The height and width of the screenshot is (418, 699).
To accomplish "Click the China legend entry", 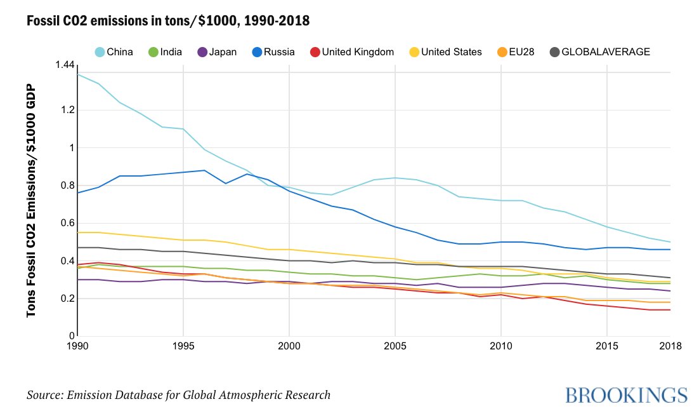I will pyautogui.click(x=114, y=52).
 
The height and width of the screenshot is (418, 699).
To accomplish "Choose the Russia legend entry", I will pyautogui.click(x=271, y=52).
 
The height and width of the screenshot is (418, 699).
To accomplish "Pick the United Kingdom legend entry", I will pyautogui.click(x=350, y=52).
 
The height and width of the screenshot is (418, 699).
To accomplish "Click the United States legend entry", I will pyautogui.click(x=443, y=52).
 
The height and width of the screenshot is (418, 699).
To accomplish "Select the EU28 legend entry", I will pyautogui.click(x=514, y=52).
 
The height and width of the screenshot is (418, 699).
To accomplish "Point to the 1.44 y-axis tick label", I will pyautogui.click(x=65, y=65).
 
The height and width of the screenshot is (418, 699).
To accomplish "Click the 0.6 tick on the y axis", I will pyautogui.click(x=66, y=223).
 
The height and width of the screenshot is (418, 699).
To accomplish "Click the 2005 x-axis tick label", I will pyautogui.click(x=395, y=346).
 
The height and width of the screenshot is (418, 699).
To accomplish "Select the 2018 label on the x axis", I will pyautogui.click(x=670, y=346).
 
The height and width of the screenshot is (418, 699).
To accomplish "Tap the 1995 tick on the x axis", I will pyautogui.click(x=183, y=346).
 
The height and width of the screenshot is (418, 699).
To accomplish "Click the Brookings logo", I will pyautogui.click(x=626, y=394).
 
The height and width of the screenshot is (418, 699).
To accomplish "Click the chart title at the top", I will pyautogui.click(x=168, y=21).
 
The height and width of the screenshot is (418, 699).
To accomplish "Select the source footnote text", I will pyautogui.click(x=178, y=395).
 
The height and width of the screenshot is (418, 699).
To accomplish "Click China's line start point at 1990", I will pyautogui.click(x=77, y=74).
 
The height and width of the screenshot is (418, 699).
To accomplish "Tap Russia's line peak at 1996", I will pyautogui.click(x=204, y=170).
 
